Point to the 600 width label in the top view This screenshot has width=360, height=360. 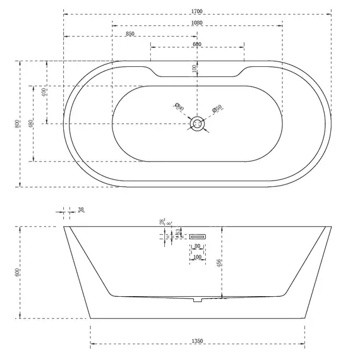pyautogui.click(x=197, y=44)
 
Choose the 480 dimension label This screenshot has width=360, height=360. pyautogui.click(x=31, y=124)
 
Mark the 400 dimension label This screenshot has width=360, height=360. pyautogui.click(x=44, y=92)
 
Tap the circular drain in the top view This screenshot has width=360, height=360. pyautogui.click(x=198, y=123)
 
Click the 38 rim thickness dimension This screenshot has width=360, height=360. pyautogui.click(x=80, y=210)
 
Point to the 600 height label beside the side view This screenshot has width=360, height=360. pyautogui.click(x=17, y=272)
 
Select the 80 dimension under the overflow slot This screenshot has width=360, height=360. pyautogui.click(x=197, y=246)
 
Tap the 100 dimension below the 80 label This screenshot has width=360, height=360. pyautogui.click(x=197, y=258)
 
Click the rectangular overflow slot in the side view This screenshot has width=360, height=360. pyautogui.click(x=196, y=236)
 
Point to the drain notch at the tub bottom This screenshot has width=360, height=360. pyautogui.click(x=197, y=299)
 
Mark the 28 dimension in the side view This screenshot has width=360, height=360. pyautogui.click(x=162, y=222)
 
